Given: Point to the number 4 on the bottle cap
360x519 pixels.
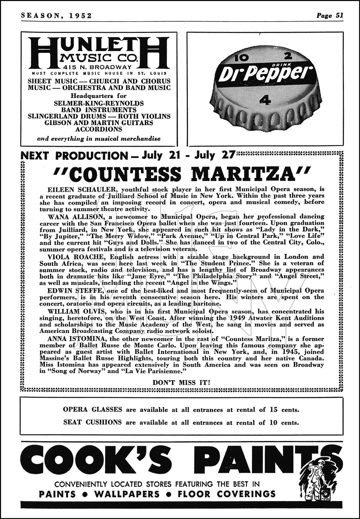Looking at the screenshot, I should point(266,100).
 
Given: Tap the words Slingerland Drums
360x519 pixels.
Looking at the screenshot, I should point(67,116).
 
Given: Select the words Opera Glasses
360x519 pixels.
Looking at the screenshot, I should point(93,409).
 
